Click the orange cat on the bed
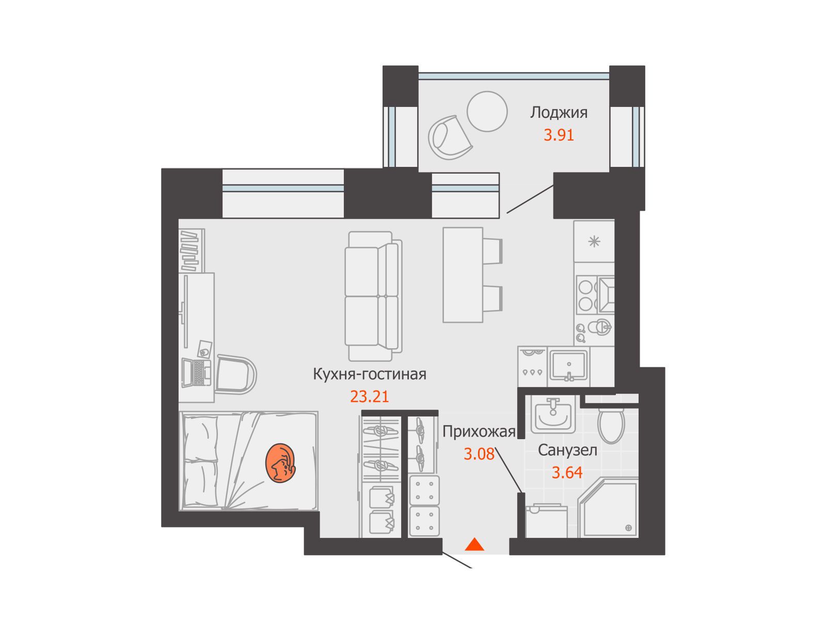tap(280, 463)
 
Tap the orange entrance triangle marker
tap(474, 545)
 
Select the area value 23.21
tap(369, 396)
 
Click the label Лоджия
tap(559, 113)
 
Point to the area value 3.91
tap(559, 135)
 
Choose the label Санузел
tap(567, 450)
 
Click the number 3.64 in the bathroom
tap(567, 472)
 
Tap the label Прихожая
tap(479, 432)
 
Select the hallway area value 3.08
tap(479, 454)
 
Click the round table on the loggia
tap(487, 112)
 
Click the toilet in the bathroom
tap(611, 425)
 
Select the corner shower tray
tap(608, 508)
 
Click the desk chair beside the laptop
tap(236, 374)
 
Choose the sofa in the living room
tap(373, 296)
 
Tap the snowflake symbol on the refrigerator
tap(594, 241)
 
